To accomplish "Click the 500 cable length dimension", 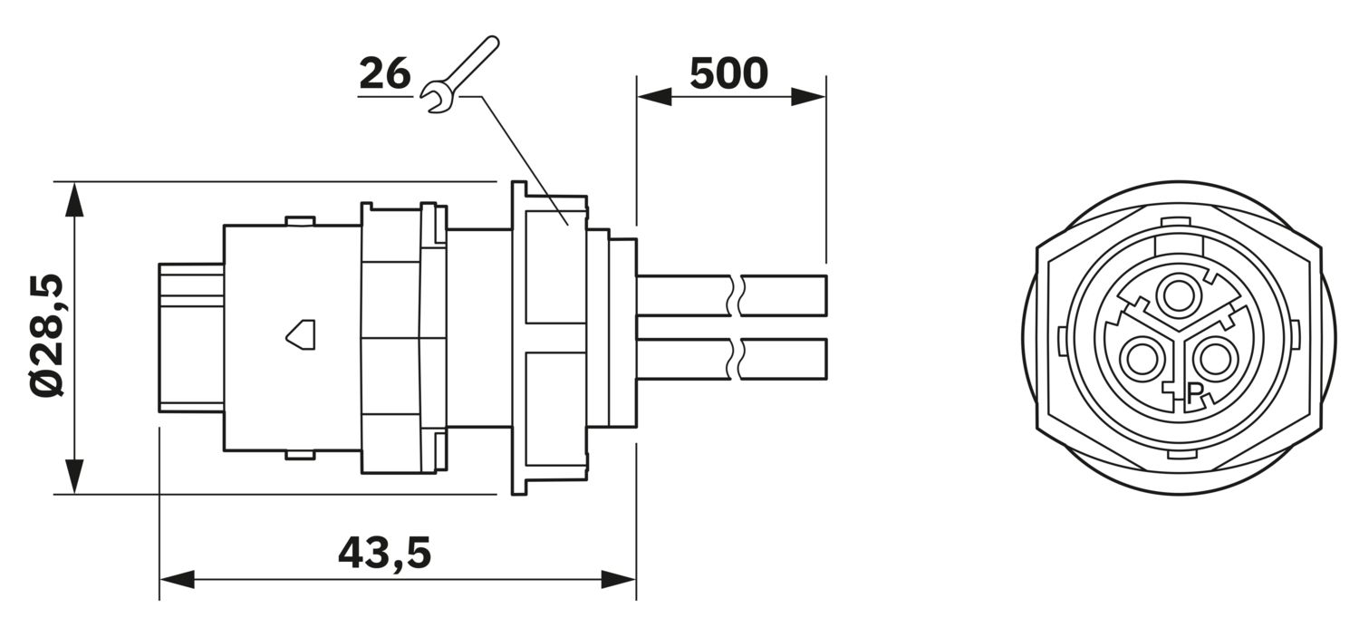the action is tap(728, 74).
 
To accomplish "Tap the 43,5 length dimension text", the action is tap(384, 553).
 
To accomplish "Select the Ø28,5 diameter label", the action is tap(47, 335).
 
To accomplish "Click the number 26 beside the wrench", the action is tap(385, 74).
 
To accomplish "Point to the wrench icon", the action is tap(459, 74).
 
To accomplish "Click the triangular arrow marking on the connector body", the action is tap(300, 334).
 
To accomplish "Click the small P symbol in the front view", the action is tap(1194, 394).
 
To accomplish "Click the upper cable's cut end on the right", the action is tap(826, 295).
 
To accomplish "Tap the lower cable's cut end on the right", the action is tap(826, 360).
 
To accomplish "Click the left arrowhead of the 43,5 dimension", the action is tap(177, 579).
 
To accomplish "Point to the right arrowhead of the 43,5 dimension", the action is tap(619, 579).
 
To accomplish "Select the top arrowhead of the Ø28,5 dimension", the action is tap(74, 199).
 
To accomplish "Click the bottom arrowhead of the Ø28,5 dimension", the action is tap(74, 477).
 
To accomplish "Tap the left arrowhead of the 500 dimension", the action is tap(654, 96).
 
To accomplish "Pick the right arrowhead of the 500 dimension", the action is tap(809, 96).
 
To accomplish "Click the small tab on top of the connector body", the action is tap(300, 221).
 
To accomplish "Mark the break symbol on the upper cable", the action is tap(736, 295).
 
